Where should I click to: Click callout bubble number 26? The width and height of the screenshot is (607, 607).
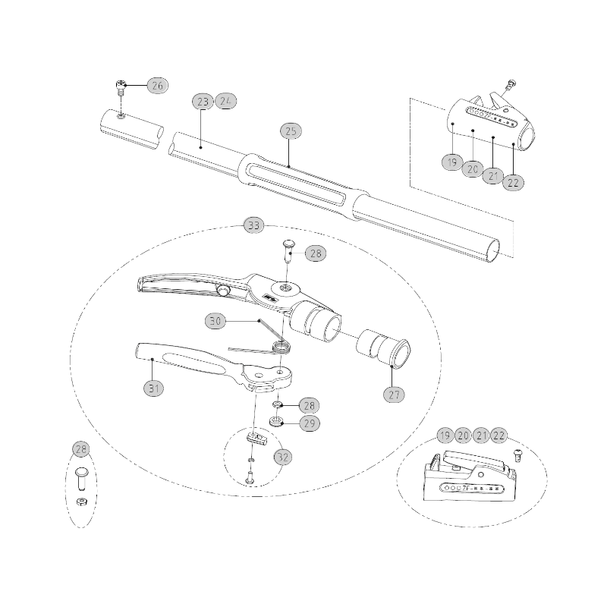click(157, 86)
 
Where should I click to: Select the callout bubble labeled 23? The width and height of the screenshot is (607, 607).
click(202, 102)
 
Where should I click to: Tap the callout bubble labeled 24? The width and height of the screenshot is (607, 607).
click(226, 102)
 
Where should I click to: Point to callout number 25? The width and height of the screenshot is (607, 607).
click(291, 131)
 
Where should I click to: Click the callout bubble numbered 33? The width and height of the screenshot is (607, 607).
click(253, 225)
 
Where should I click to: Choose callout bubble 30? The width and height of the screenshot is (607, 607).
click(216, 322)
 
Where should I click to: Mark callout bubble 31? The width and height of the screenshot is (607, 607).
click(154, 388)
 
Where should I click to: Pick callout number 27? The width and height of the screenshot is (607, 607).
click(394, 395)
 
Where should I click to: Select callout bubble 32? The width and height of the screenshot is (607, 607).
click(283, 458)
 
